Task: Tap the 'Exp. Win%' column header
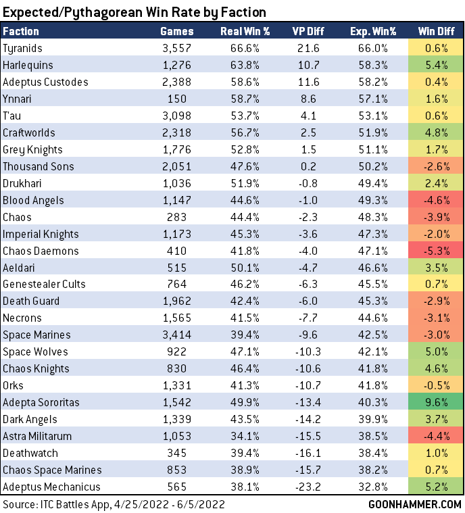pos(372,31)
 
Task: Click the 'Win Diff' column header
pos(435,31)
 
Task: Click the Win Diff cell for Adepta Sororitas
pos(435,402)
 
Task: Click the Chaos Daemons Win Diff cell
pos(435,251)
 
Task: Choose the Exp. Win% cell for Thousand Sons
pos(372,166)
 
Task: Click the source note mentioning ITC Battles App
pos(114,504)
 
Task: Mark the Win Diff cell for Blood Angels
pos(435,200)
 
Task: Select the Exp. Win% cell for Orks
pos(372,385)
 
